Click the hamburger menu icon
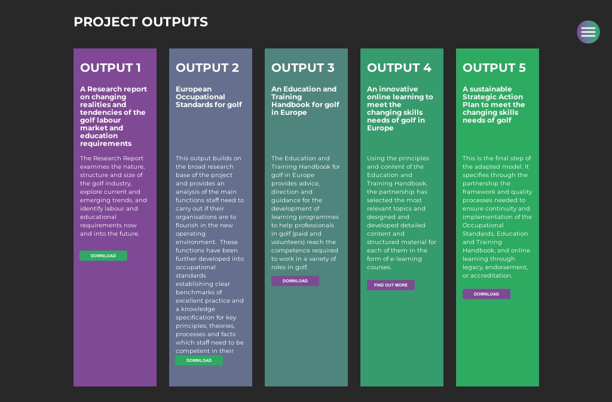tap(588, 32)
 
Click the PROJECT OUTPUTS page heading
tap(140, 22)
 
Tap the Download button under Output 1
tap(103, 256)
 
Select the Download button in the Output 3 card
tap(295, 281)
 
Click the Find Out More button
tap(391, 285)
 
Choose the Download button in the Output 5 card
tap(486, 294)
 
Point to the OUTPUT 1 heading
tap(111, 68)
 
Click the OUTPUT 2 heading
tap(207, 68)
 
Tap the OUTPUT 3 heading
tap(303, 68)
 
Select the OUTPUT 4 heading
tap(399, 68)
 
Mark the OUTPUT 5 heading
tap(494, 68)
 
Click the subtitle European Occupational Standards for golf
tap(209, 97)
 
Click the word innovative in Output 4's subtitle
tap(398, 89)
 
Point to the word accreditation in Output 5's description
tap(491, 276)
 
